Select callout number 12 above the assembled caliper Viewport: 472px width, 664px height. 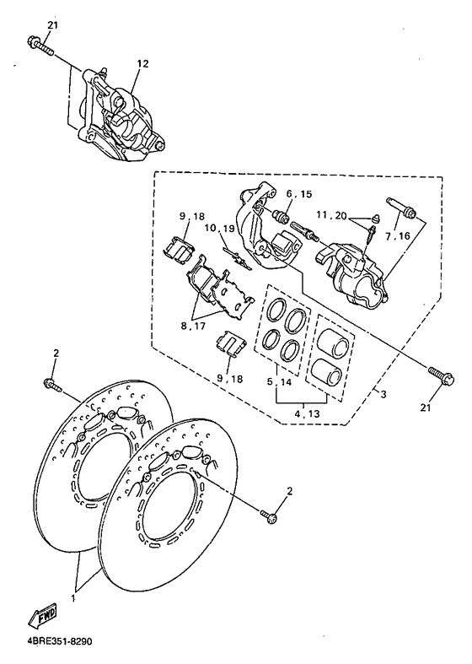click(142, 64)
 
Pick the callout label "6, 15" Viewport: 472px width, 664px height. click(276, 194)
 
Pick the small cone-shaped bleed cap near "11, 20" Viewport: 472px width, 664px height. click(373, 222)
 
